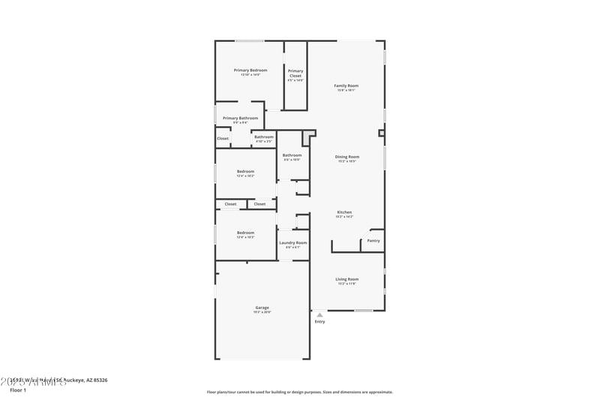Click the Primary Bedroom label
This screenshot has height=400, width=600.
coord(250,70)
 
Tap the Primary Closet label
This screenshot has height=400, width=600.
coord(295,73)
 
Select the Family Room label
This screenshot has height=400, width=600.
coord(346,86)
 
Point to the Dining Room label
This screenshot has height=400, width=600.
coord(346,157)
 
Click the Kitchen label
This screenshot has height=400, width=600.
coord(344,212)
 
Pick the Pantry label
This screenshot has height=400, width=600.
coord(373,241)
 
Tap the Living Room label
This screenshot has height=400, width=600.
coord(346,279)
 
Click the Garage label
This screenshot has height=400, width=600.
coord(262,307)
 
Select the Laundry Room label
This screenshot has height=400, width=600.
coord(292,242)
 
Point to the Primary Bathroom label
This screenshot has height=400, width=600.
coord(240,118)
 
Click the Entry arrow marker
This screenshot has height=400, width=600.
coord(319,315)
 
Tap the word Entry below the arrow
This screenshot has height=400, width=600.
coord(319,322)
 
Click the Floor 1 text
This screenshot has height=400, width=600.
coord(18,390)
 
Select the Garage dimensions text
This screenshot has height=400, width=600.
coord(262,311)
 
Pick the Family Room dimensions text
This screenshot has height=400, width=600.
coord(346,90)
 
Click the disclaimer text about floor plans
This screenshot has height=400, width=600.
coord(299,392)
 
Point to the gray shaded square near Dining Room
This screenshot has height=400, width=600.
coord(307,138)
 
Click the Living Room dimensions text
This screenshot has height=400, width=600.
coord(346,284)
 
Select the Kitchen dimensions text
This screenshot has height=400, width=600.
coord(344,217)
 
